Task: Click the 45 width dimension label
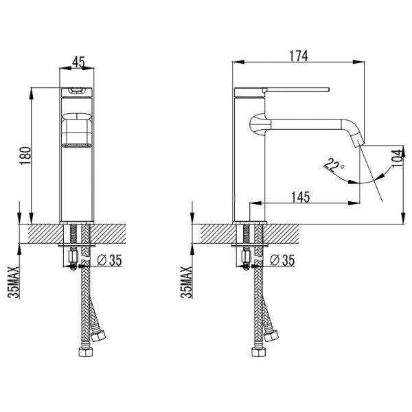click(x=78, y=62)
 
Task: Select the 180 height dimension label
click(x=25, y=156)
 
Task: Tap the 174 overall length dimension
click(x=298, y=56)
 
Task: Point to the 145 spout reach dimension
click(x=301, y=197)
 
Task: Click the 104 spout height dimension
click(x=397, y=158)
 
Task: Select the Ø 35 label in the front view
click(x=109, y=260)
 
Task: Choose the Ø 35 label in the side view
click(x=282, y=260)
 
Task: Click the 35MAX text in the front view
click(x=14, y=282)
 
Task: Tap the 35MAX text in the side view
click(x=186, y=282)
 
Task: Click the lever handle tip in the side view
click(x=328, y=89)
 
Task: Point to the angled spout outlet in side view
click(x=358, y=140)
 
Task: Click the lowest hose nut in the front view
click(x=86, y=352)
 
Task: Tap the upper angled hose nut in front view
click(x=98, y=336)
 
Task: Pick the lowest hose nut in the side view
click(x=259, y=352)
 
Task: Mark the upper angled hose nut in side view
click(x=271, y=336)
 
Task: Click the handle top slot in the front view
click(x=77, y=91)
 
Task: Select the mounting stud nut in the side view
click(x=247, y=256)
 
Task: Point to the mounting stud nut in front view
click(x=73, y=256)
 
